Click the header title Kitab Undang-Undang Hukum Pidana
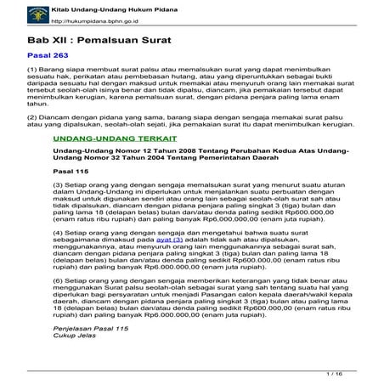(x=92, y=7)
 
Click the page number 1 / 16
(x=346, y=374)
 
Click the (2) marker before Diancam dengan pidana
(x=32, y=115)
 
